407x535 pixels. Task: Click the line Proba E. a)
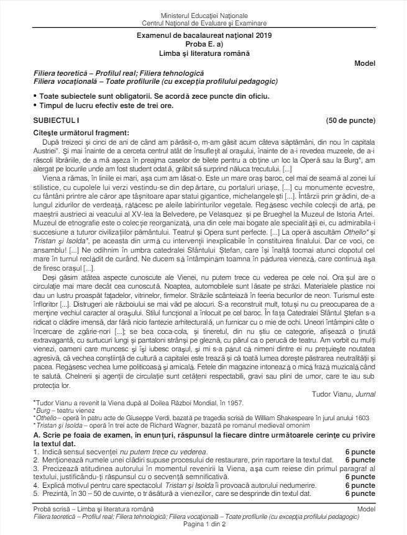tap(204, 45)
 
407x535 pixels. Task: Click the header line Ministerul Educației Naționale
tap(204, 14)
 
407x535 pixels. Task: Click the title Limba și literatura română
tap(204, 53)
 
